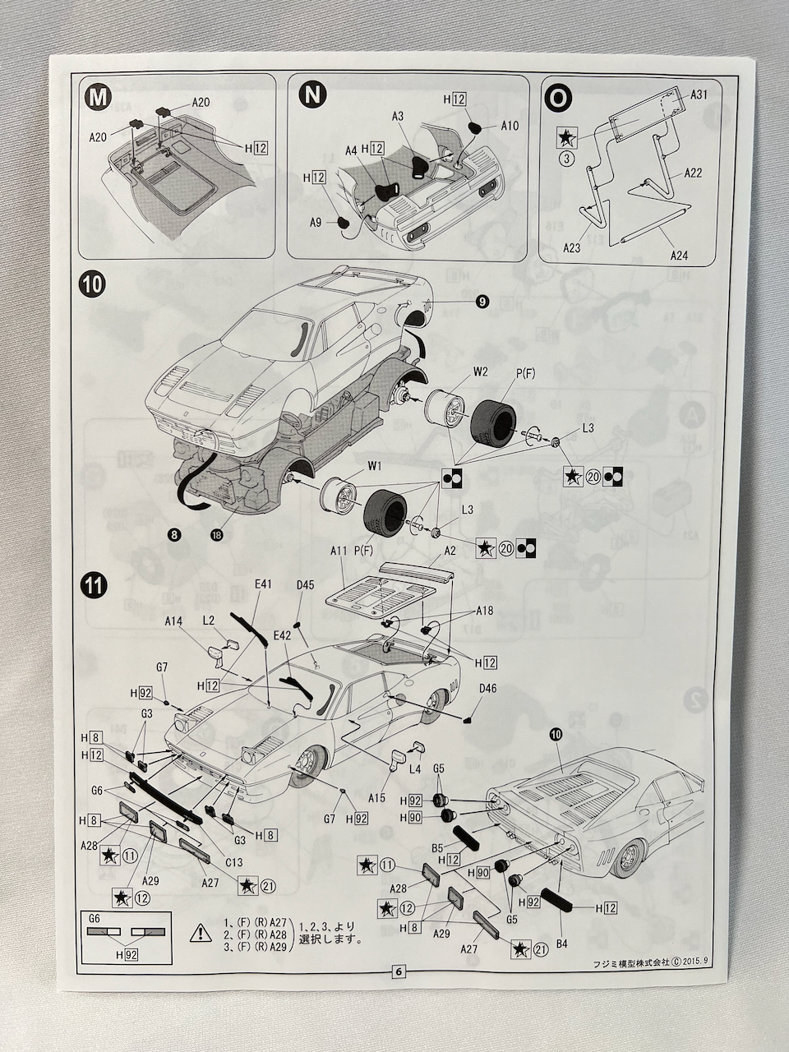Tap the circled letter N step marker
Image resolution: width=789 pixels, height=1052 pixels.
311,95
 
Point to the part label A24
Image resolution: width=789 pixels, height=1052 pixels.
678,256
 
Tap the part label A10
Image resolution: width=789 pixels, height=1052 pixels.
510,126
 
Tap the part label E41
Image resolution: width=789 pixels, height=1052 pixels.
263,584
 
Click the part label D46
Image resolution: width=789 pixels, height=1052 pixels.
488,688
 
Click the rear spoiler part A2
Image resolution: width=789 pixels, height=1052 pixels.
418,574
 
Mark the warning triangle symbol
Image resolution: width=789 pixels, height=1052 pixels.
200,932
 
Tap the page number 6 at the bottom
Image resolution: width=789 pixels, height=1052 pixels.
399,971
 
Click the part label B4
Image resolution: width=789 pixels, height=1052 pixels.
561,944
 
